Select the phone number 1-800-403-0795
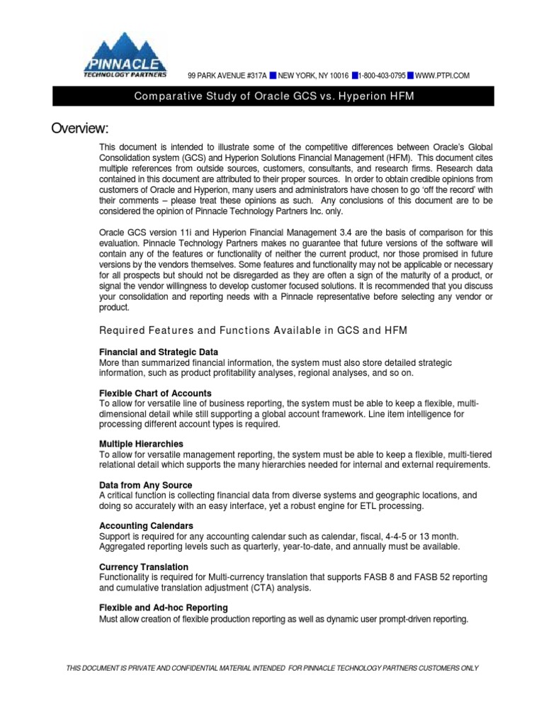pyautogui.click(x=382, y=76)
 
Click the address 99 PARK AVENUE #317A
pyautogui.click(x=227, y=76)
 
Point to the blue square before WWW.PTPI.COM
pyautogui.click(x=411, y=76)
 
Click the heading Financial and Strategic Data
pyautogui.click(x=158, y=352)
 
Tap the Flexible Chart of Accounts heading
pyautogui.click(x=155, y=393)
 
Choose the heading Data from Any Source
pyautogui.click(x=145, y=485)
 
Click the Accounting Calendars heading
pyautogui.click(x=146, y=526)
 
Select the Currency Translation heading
pyautogui.click(x=144, y=567)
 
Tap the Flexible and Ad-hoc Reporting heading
pyautogui.click(x=164, y=608)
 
